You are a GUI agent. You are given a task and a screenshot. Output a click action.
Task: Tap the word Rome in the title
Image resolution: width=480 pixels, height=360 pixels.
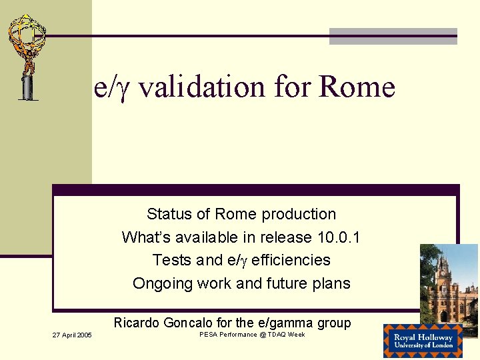(x=357, y=87)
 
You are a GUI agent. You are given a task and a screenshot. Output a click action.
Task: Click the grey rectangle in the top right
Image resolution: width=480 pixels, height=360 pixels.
(x=393, y=37)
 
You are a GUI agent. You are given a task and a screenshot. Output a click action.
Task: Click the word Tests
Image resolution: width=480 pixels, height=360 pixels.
(x=171, y=260)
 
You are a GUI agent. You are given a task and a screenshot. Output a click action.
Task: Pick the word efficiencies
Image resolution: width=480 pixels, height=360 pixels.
(x=291, y=260)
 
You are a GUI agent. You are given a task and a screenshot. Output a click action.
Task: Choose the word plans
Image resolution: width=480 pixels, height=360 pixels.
(x=331, y=283)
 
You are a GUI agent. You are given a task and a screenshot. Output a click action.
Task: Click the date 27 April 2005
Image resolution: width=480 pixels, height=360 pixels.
(x=73, y=335)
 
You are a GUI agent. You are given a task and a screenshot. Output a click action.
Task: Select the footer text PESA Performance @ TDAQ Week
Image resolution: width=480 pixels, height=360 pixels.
(x=252, y=335)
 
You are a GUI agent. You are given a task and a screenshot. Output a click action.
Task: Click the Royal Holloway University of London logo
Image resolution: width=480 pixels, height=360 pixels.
(x=422, y=341)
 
